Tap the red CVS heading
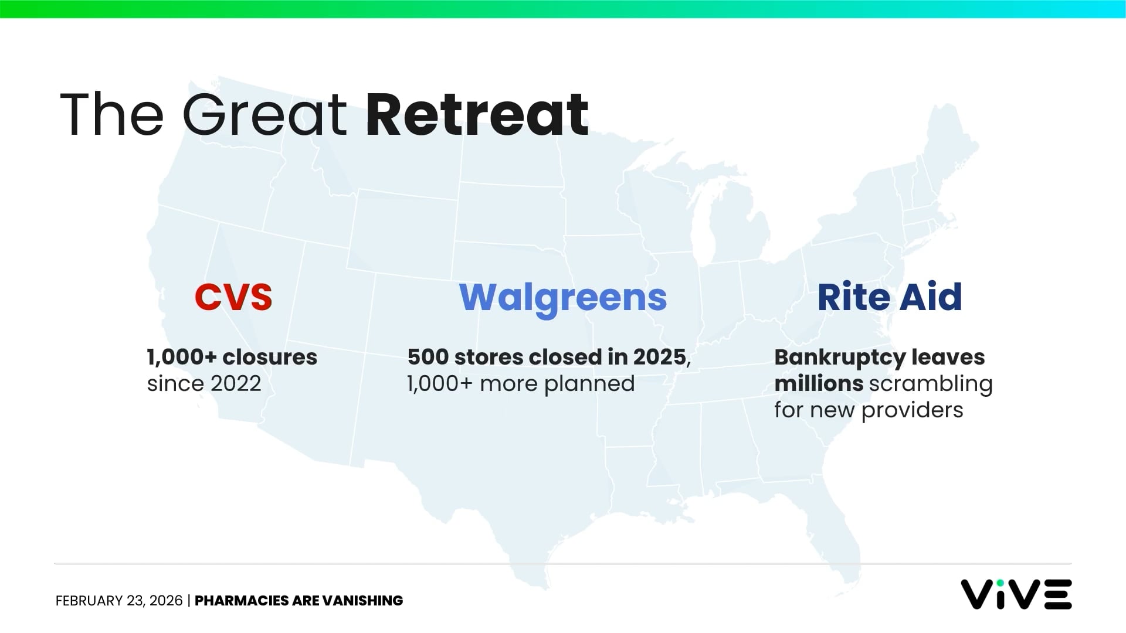(x=233, y=297)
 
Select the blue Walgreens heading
(x=563, y=297)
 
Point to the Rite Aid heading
(x=890, y=297)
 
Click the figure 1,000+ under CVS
(x=181, y=357)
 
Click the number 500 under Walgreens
(x=428, y=357)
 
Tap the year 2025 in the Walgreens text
(x=659, y=357)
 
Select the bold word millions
(x=818, y=384)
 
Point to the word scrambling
(x=930, y=384)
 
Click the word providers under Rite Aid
(x=912, y=410)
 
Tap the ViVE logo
(x=1016, y=594)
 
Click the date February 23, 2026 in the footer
(x=119, y=601)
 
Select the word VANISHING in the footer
(x=362, y=601)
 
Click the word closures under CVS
(x=270, y=357)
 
